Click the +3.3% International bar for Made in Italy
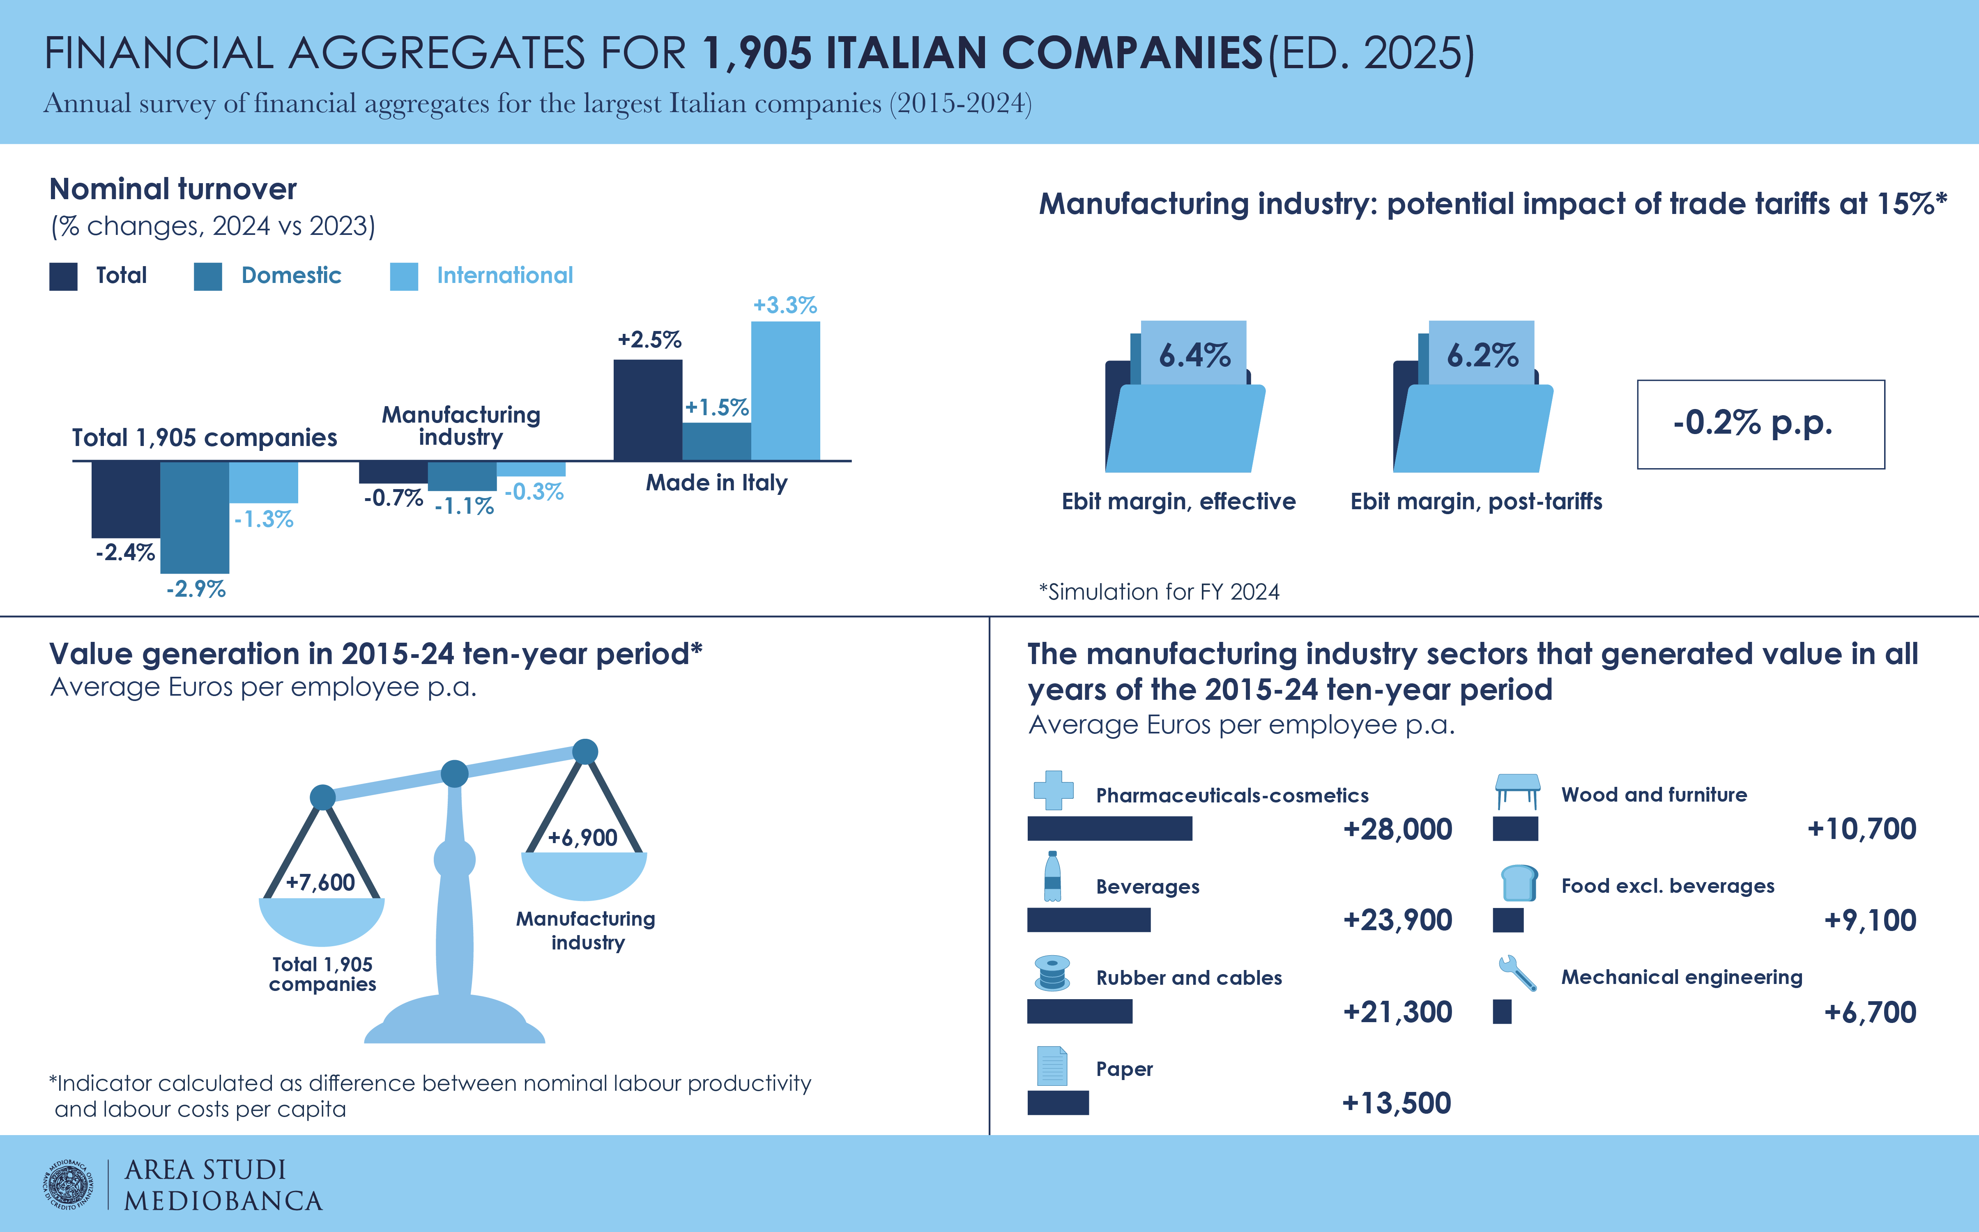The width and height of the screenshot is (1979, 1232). click(785, 391)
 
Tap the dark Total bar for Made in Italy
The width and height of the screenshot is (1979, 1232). click(648, 410)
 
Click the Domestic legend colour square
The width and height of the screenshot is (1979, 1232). click(208, 276)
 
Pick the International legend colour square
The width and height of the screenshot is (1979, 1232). click(404, 276)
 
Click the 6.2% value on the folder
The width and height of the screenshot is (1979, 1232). click(1482, 355)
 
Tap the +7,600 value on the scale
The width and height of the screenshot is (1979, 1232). click(320, 883)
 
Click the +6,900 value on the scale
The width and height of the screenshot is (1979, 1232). click(582, 838)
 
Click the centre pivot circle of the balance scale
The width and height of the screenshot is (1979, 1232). click(455, 773)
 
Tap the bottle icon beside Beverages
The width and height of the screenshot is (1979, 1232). click(1052, 877)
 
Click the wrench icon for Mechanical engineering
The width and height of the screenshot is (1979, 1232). click(1517, 973)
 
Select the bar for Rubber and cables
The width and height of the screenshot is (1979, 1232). click(1079, 1011)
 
